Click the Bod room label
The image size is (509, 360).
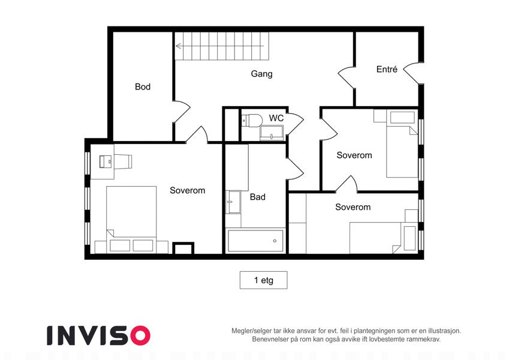[143, 87]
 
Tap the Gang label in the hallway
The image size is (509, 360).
[261, 74]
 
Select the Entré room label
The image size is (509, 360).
[387, 69]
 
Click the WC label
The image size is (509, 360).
[276, 118]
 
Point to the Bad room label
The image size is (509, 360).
[258, 197]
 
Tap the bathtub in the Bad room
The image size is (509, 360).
[255, 241]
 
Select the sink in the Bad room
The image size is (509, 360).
[233, 202]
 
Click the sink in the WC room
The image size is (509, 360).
[272, 133]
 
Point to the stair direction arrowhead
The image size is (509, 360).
[178, 46]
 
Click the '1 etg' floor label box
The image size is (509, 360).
[264, 280]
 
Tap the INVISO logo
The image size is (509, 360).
[99, 335]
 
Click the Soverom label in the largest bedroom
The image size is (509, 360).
[187, 190]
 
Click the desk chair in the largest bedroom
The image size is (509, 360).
[123, 161]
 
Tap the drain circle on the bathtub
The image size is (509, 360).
[275, 241]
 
